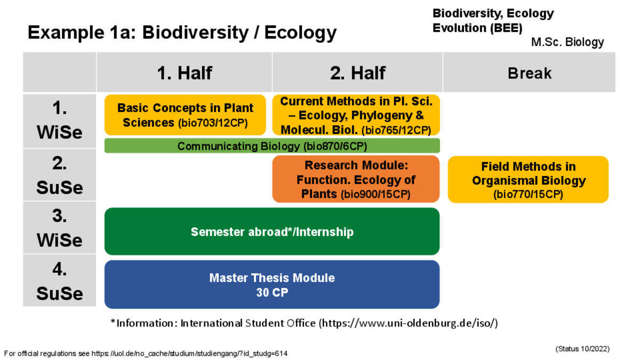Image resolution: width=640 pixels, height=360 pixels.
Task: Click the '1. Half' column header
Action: point(185,73)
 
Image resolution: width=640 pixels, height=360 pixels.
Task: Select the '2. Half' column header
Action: point(357,73)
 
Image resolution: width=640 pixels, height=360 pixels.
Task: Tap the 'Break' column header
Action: point(529,73)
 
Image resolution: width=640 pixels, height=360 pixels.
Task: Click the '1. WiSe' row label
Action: point(59,121)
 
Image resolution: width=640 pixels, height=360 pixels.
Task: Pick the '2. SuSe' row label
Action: point(59,175)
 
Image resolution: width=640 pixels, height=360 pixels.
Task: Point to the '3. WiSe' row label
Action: point(59,228)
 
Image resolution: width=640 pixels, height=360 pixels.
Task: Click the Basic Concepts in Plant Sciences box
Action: point(185,115)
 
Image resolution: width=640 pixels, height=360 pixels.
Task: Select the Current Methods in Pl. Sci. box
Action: point(356,115)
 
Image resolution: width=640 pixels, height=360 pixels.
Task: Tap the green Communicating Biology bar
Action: point(272,146)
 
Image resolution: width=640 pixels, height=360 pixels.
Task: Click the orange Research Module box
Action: point(356,179)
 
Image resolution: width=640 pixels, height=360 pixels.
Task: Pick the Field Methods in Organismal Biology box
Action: point(529,179)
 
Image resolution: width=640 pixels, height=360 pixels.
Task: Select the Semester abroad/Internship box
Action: point(272,231)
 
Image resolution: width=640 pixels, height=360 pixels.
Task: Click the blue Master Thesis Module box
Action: point(272,284)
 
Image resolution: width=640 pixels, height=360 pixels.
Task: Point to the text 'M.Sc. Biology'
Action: point(567,42)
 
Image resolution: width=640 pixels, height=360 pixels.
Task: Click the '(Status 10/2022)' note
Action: point(582,349)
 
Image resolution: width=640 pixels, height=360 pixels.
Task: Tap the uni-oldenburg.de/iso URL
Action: point(409,323)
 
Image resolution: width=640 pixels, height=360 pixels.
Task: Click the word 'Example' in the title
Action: point(66,33)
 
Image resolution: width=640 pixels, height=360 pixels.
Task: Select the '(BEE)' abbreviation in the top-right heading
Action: point(506,28)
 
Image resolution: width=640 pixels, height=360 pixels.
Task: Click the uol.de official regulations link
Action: point(189,354)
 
